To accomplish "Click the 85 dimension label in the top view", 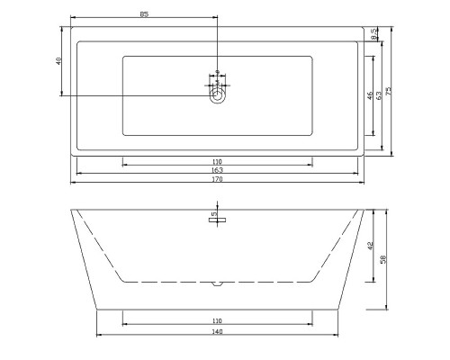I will [144, 14].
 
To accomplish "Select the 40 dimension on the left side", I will [58, 61].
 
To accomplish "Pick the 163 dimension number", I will [217, 169].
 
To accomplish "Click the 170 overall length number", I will [217, 179].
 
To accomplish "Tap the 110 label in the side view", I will [217, 320].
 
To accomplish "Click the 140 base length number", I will [217, 331].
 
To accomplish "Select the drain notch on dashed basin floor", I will [217, 284].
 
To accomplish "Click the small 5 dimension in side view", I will [212, 215].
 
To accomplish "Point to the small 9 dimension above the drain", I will [217, 72].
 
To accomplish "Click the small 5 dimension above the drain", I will [217, 81].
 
